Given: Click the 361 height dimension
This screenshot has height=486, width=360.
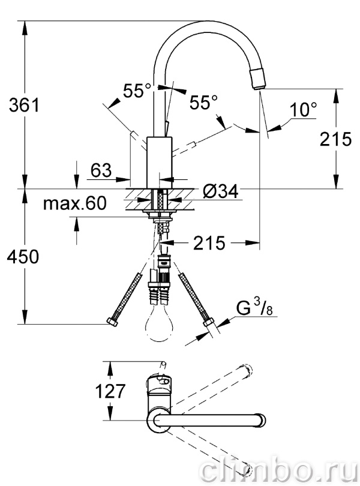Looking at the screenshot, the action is (24, 105).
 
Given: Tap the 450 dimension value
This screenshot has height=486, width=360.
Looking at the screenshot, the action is (23, 257).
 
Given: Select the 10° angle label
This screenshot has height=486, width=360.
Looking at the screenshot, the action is (304, 109).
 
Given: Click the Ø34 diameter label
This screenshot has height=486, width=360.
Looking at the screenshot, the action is (221, 191).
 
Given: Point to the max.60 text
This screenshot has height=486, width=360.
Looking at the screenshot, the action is (75, 203).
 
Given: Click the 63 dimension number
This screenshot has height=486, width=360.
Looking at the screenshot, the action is (101, 170).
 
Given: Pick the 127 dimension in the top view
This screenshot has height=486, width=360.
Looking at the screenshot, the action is (110, 391).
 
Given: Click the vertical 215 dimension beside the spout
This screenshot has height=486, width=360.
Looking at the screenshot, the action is (336, 139).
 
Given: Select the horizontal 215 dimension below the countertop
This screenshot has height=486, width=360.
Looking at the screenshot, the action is (209, 242).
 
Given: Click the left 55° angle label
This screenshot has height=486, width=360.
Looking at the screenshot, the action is (137, 91).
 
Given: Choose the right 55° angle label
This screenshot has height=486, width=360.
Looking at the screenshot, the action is (204, 102).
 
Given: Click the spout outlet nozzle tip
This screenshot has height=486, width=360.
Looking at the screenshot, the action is (258, 79).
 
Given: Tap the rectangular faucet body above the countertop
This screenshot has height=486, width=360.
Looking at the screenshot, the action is (159, 162).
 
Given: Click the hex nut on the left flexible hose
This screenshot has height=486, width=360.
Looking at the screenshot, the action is (112, 322).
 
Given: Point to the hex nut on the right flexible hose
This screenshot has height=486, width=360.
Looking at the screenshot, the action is (208, 322).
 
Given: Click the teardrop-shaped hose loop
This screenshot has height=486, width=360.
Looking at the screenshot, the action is (160, 323).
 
